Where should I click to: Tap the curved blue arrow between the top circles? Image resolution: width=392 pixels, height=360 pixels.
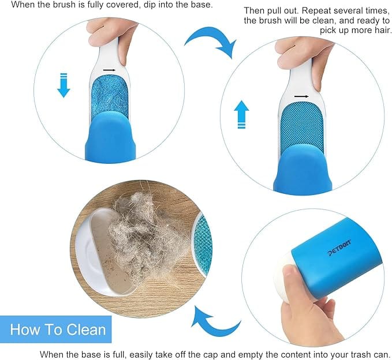[x=211, y=40]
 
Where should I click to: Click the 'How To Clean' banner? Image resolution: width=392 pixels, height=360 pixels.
[x=58, y=330]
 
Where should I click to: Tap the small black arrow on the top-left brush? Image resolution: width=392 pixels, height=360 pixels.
[x=110, y=70]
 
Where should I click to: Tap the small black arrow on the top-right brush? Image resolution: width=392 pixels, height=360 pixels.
[x=301, y=96]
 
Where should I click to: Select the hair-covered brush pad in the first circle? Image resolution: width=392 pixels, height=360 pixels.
[x=109, y=95]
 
